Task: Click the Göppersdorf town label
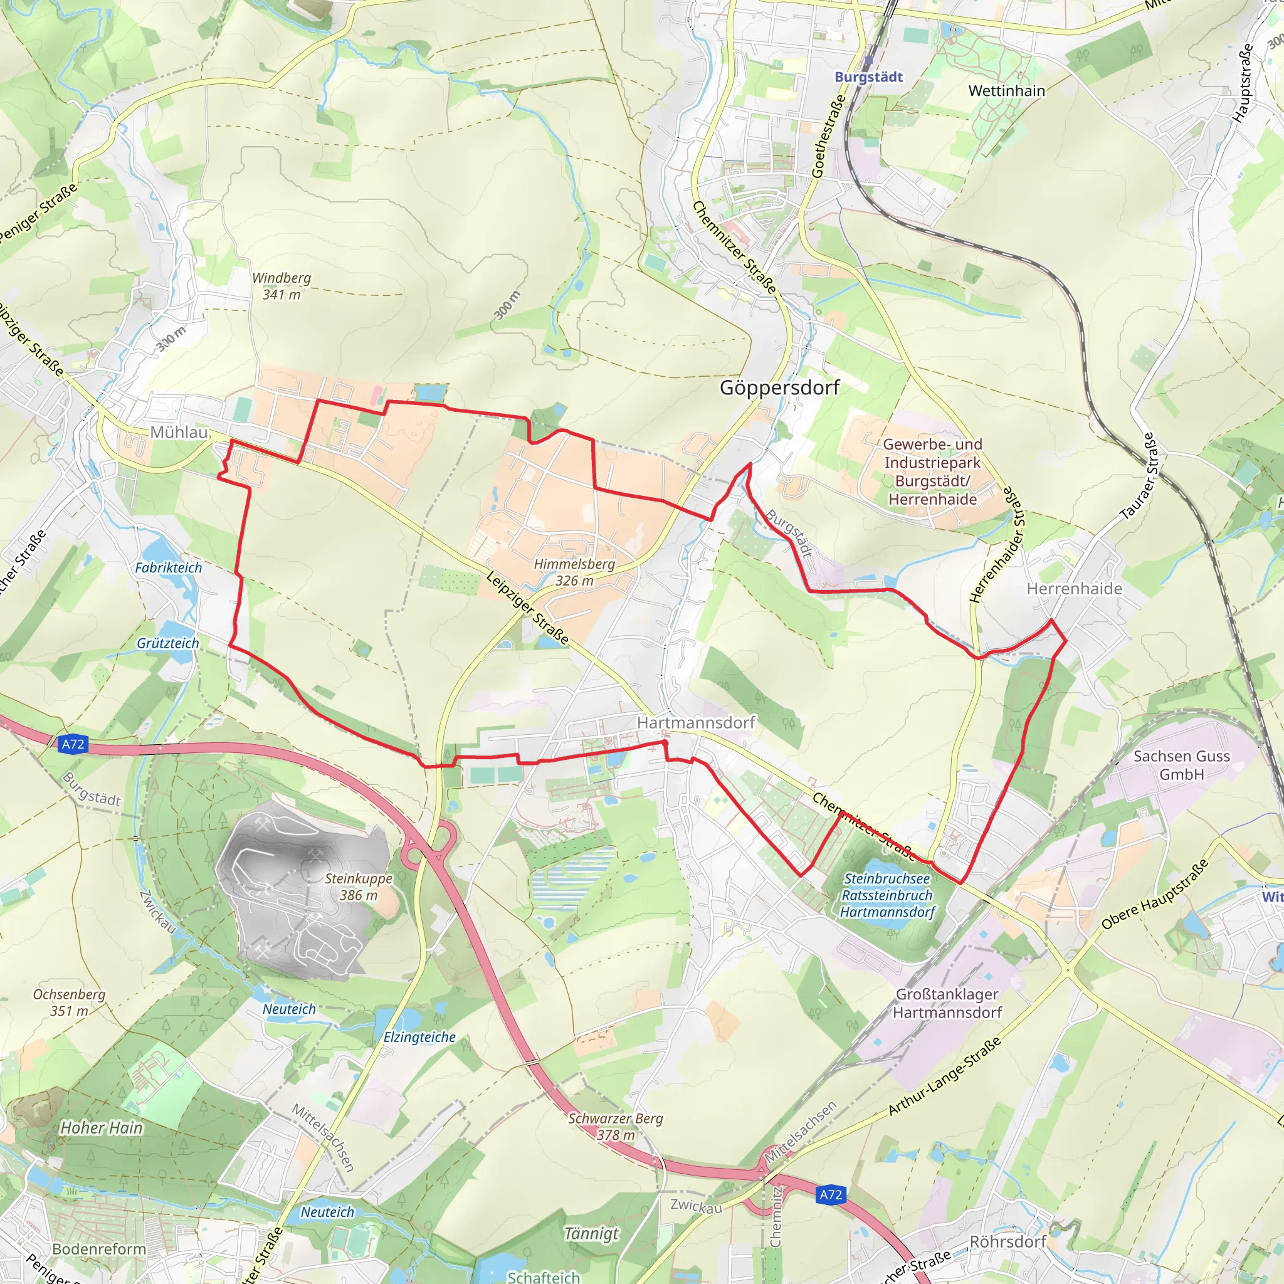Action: coord(779,387)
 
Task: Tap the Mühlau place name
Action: coord(179,432)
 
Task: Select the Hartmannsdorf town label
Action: coord(696,722)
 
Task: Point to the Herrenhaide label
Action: coord(1074,589)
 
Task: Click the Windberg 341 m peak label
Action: coord(280,286)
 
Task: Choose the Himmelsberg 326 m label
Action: coord(574,572)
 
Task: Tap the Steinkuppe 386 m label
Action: coord(358,887)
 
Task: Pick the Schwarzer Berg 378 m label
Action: coord(616,1127)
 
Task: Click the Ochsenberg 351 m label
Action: coord(69,1002)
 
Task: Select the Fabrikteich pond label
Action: coord(168,567)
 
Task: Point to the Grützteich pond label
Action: coord(167,643)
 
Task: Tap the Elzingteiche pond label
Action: coord(419,1037)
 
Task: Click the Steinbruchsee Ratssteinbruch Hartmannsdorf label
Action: coord(887,895)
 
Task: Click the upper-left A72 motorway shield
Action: coord(73,744)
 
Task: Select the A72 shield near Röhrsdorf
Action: coord(830,1194)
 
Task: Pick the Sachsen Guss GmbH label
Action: coord(1181,765)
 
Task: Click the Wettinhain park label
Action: coord(1006,91)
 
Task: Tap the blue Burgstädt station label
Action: coord(868,77)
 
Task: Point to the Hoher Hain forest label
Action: coord(101,1128)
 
